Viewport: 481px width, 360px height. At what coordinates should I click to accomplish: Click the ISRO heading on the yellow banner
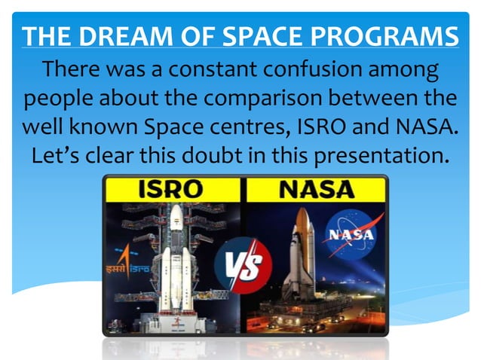[x=173, y=190]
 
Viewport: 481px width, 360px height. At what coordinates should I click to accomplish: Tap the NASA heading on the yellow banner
[x=316, y=190]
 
